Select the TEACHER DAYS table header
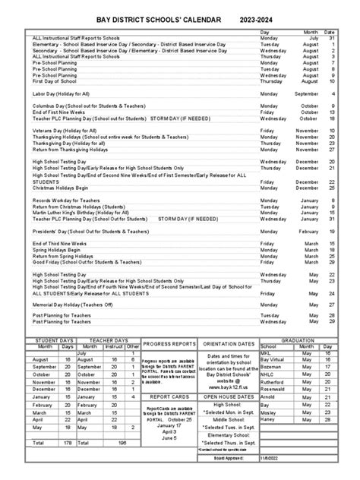point(109,340)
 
